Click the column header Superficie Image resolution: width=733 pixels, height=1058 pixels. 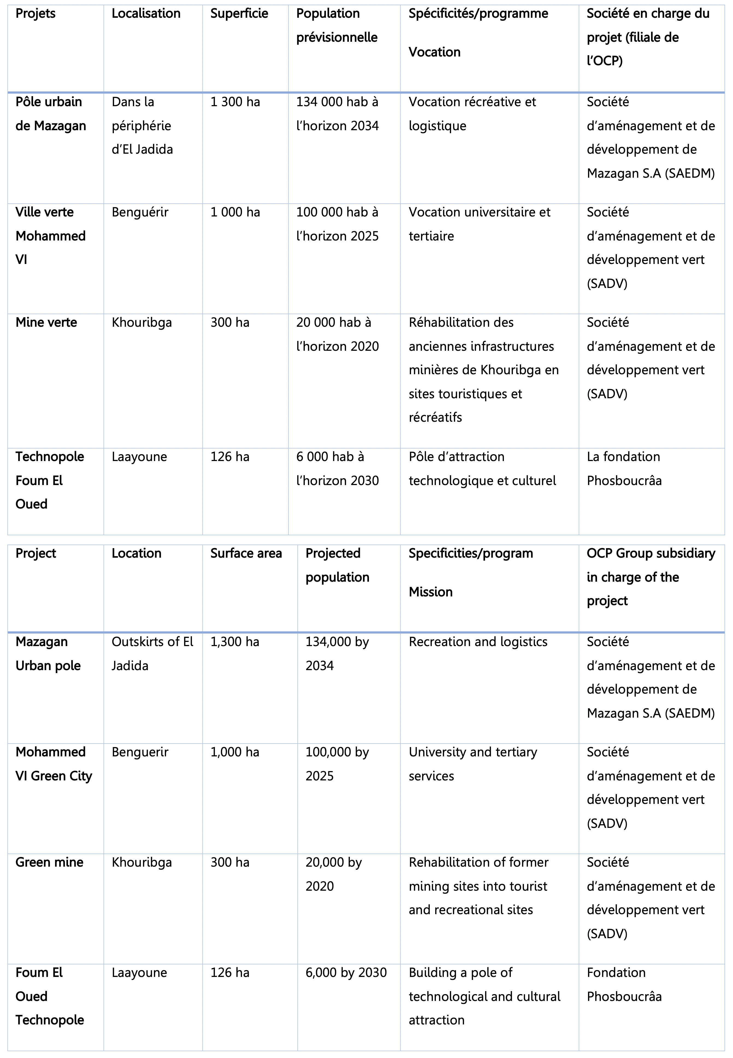(x=239, y=14)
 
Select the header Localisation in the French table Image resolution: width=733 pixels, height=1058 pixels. (x=146, y=14)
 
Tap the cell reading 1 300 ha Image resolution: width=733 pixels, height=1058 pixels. (x=235, y=102)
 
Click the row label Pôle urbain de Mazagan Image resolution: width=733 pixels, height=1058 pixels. (x=51, y=114)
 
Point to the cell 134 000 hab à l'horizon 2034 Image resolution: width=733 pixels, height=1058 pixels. (x=338, y=114)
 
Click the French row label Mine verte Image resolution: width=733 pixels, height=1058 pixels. (x=46, y=323)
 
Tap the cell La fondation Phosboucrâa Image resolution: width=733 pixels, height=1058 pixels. (x=624, y=469)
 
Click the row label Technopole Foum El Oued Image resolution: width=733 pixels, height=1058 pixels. (x=50, y=480)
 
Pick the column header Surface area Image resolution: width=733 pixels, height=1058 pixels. (x=246, y=554)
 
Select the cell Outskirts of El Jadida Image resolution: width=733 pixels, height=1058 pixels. (x=152, y=654)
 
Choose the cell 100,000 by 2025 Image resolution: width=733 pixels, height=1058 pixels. (x=337, y=764)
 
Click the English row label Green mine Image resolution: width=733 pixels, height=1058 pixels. (x=49, y=863)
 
